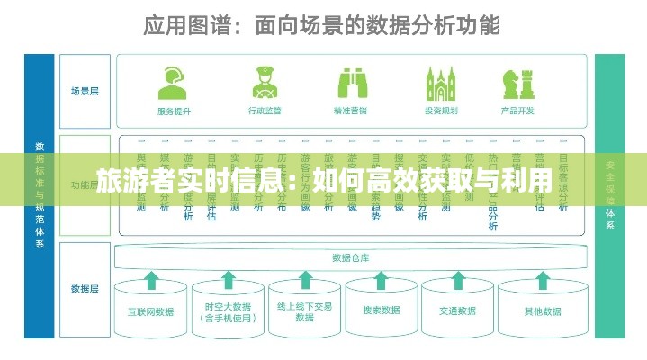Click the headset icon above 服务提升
(174, 84)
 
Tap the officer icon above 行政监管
(264, 83)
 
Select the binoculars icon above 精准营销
(351, 83)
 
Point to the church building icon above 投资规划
(441, 83)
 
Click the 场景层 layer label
(85, 91)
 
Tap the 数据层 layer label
(85, 289)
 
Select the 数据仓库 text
(351, 257)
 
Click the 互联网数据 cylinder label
(151, 311)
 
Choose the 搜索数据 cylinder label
(382, 310)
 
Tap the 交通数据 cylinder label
(458, 310)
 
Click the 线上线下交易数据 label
(306, 311)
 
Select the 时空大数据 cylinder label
(229, 311)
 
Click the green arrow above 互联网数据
(151, 280)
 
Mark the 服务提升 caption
(174, 112)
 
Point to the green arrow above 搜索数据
(382, 280)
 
